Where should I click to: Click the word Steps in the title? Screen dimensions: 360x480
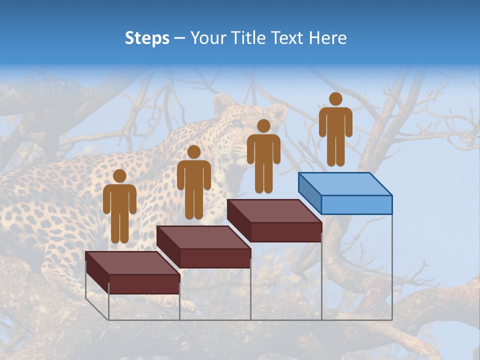pyautogui.click(x=147, y=38)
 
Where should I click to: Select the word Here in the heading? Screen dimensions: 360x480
pyautogui.click(x=327, y=38)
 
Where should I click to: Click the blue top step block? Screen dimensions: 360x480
pyautogui.click(x=345, y=192)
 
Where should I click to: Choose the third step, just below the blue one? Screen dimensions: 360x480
pyautogui.click(x=274, y=219)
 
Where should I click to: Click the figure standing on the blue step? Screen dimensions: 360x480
pyautogui.click(x=335, y=132)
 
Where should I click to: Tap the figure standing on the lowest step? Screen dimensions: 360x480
pyautogui.click(x=119, y=210)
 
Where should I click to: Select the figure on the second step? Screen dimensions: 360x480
pyautogui.click(x=193, y=185)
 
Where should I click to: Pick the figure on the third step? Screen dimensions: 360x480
pyautogui.click(x=263, y=159)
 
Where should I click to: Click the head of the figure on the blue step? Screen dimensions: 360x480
pyautogui.click(x=335, y=99)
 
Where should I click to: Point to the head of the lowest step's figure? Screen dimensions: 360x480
pyautogui.click(x=119, y=176)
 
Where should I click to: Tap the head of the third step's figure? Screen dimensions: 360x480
pyautogui.click(x=263, y=126)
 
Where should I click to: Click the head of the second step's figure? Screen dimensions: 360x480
pyautogui.click(x=193, y=152)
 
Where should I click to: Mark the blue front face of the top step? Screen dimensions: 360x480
pyautogui.click(x=356, y=204)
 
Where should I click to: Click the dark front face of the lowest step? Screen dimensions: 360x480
pyautogui.click(x=144, y=283)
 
